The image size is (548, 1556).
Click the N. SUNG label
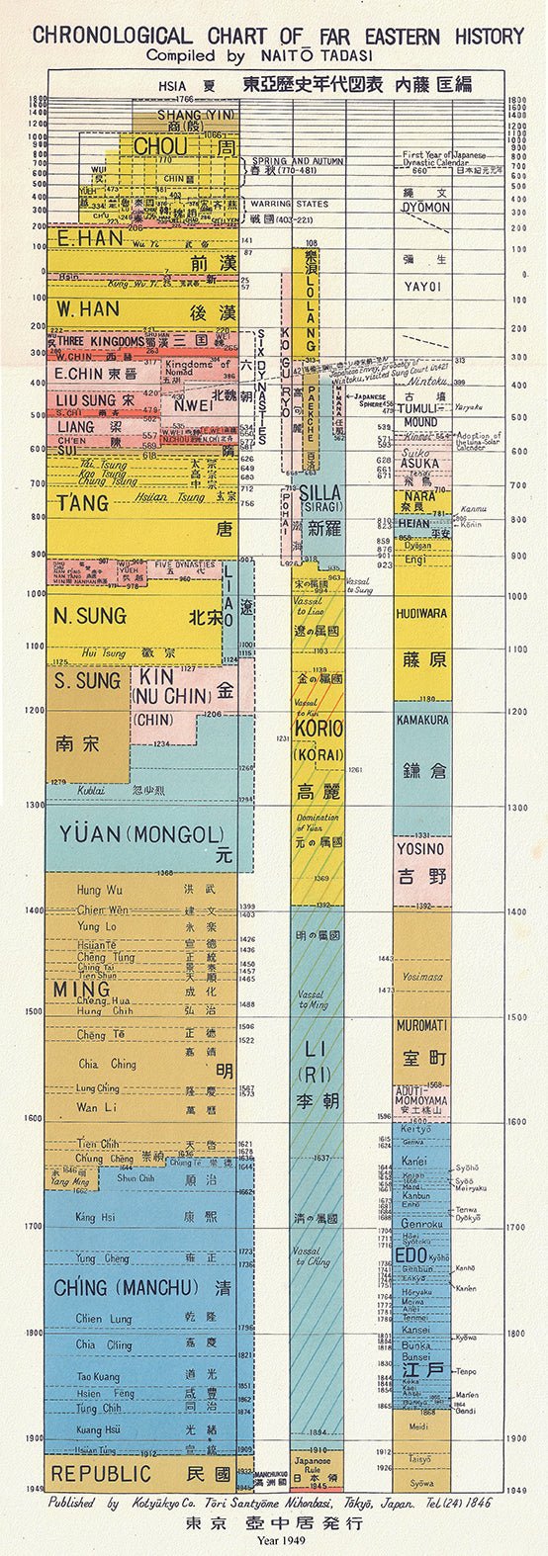point(90,617)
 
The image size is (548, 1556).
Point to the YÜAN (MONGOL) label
point(132,836)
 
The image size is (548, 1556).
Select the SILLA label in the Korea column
point(319,494)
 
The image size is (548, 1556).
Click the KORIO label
point(318,729)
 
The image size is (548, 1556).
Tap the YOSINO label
point(421,849)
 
